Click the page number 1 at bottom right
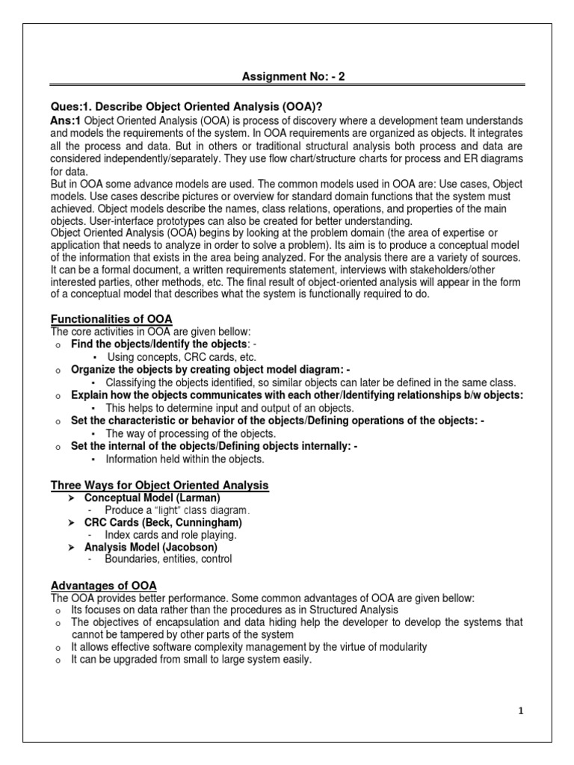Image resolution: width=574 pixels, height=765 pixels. tap(521, 712)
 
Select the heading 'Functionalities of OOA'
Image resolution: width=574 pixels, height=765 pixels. tap(111, 319)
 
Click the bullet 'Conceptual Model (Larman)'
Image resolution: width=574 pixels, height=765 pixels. tap(152, 498)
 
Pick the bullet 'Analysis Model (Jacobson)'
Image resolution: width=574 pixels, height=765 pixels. tap(149, 547)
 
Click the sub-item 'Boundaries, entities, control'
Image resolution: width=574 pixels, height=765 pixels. tap(168, 560)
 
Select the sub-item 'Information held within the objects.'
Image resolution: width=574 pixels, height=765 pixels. tap(185, 459)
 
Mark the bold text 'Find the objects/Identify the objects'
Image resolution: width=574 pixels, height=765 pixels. tap(158, 344)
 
